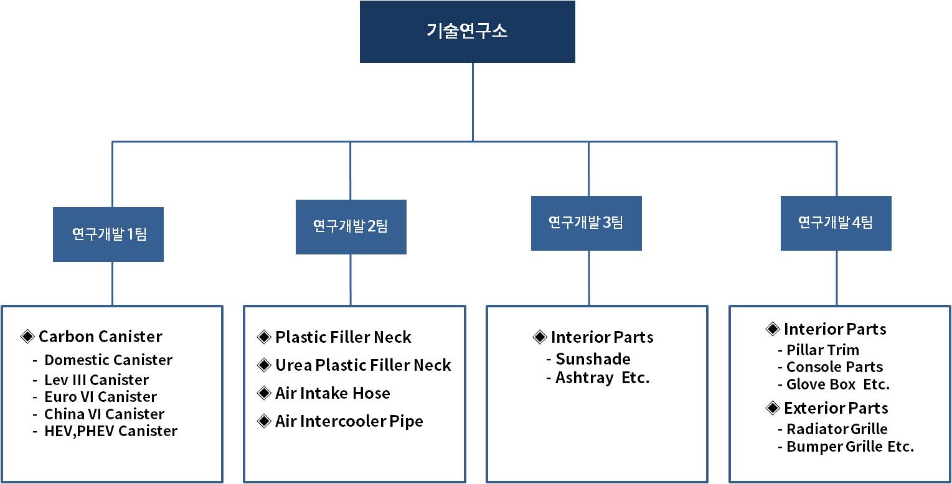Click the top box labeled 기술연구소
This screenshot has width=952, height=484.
point(467,32)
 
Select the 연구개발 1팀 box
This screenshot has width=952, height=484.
point(108,235)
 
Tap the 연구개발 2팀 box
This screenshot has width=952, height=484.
point(351,226)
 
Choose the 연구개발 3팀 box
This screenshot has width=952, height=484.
point(586,223)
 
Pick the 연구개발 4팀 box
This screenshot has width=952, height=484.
point(836,223)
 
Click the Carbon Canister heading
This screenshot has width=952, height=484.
point(100,337)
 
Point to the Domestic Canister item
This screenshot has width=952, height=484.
point(108,360)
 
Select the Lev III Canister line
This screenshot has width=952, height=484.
point(97,380)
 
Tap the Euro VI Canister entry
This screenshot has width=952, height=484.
point(100,397)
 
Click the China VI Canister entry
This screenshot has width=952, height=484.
point(104,414)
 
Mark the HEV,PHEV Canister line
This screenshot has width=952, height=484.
point(111,431)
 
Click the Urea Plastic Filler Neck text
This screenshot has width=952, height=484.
point(363,365)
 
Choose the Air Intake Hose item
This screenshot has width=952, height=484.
point(332,393)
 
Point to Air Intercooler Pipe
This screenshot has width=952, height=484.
point(349,421)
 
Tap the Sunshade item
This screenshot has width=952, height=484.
point(593,359)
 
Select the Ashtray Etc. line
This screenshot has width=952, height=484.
point(602,378)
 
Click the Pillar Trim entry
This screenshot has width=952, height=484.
point(822,350)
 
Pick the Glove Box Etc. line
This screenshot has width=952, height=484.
point(838,384)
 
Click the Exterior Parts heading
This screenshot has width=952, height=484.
point(836,408)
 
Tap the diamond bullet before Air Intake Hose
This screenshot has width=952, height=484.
point(264,393)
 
